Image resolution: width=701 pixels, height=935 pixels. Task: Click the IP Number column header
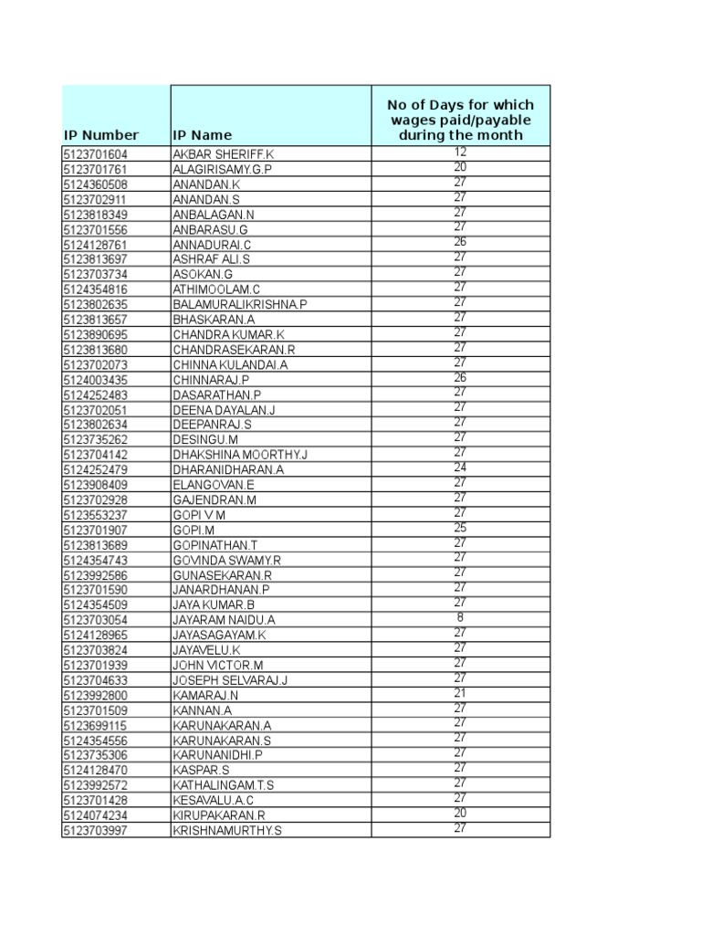(100, 135)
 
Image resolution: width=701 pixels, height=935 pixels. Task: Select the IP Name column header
(202, 135)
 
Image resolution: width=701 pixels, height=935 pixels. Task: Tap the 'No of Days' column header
(460, 120)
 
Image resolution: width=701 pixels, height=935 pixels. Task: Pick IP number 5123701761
(100, 170)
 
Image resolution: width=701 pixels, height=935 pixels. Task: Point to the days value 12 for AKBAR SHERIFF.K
(460, 152)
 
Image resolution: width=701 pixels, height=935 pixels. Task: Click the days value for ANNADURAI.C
(460, 242)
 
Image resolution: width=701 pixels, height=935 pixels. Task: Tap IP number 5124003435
(100, 379)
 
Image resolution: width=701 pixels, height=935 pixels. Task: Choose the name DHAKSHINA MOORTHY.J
(240, 454)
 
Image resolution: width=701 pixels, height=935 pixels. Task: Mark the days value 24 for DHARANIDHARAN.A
(460, 467)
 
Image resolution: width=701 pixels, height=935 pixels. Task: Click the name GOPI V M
(198, 514)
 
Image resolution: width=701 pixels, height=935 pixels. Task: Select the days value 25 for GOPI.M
(460, 527)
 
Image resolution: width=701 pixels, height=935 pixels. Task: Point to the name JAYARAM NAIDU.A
(224, 619)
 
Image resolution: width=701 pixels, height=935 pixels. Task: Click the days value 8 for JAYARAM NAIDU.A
(460, 617)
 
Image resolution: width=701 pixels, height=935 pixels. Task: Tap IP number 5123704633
(100, 679)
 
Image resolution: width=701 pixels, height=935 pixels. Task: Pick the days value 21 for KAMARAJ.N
(460, 692)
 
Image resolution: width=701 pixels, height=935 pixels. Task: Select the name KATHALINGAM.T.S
(223, 784)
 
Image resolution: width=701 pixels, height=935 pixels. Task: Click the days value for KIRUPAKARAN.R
(460, 813)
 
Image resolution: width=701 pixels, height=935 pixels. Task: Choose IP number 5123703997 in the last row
(100, 829)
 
